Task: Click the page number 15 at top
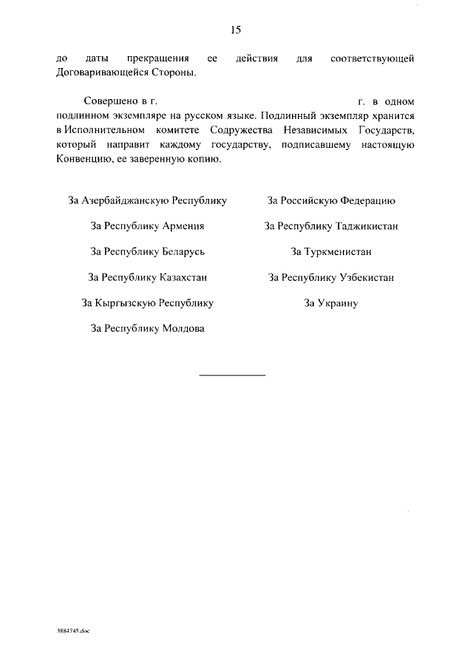point(236,30)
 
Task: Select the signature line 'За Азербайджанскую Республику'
point(147,201)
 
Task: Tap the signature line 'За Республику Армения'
point(147,226)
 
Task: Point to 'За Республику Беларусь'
point(147,252)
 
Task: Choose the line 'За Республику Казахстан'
point(147,278)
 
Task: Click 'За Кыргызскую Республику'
point(147,303)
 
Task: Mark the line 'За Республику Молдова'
point(147,329)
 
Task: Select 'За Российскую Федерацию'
point(331,201)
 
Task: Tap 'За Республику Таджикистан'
point(331,226)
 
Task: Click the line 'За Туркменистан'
point(331,252)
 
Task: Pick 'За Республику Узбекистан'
point(331,278)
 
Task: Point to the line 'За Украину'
point(331,303)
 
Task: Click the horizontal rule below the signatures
point(232,376)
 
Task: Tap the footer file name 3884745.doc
point(72,632)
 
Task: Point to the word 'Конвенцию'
point(83,159)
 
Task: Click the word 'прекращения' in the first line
point(157,57)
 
